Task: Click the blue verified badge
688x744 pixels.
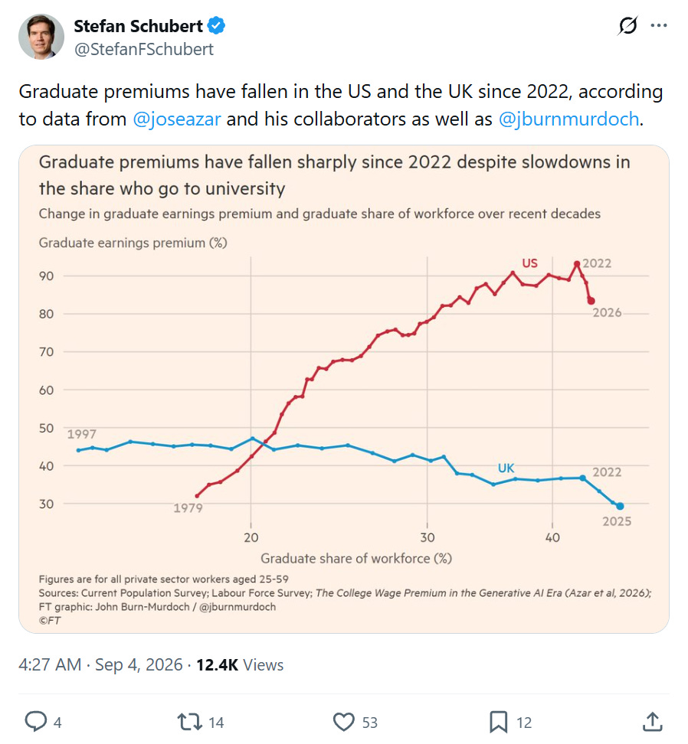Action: (x=217, y=25)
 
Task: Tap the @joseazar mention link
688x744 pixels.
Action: (x=177, y=119)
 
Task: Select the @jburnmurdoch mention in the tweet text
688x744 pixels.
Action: (x=568, y=119)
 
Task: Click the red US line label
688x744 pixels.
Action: (x=530, y=263)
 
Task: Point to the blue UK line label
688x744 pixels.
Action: (x=506, y=468)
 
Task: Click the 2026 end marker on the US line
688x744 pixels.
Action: (x=591, y=301)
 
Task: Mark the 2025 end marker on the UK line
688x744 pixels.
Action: (x=620, y=506)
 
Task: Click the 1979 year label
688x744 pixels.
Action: (x=188, y=508)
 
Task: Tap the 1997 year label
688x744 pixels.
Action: (x=82, y=434)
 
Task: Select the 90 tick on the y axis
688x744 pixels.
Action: (x=47, y=276)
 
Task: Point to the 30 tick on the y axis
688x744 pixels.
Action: (x=47, y=504)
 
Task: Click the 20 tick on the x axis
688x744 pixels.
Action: (x=251, y=537)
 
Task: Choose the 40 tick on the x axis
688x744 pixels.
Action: (x=552, y=537)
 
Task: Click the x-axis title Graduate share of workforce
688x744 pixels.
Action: (x=356, y=559)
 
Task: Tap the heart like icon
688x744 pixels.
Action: (x=344, y=722)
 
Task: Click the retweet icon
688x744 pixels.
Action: (x=190, y=722)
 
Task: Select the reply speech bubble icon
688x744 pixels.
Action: (x=36, y=722)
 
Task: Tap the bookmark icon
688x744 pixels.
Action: (x=499, y=722)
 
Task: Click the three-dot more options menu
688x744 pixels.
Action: (x=659, y=25)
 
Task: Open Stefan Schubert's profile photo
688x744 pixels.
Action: (x=41, y=37)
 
